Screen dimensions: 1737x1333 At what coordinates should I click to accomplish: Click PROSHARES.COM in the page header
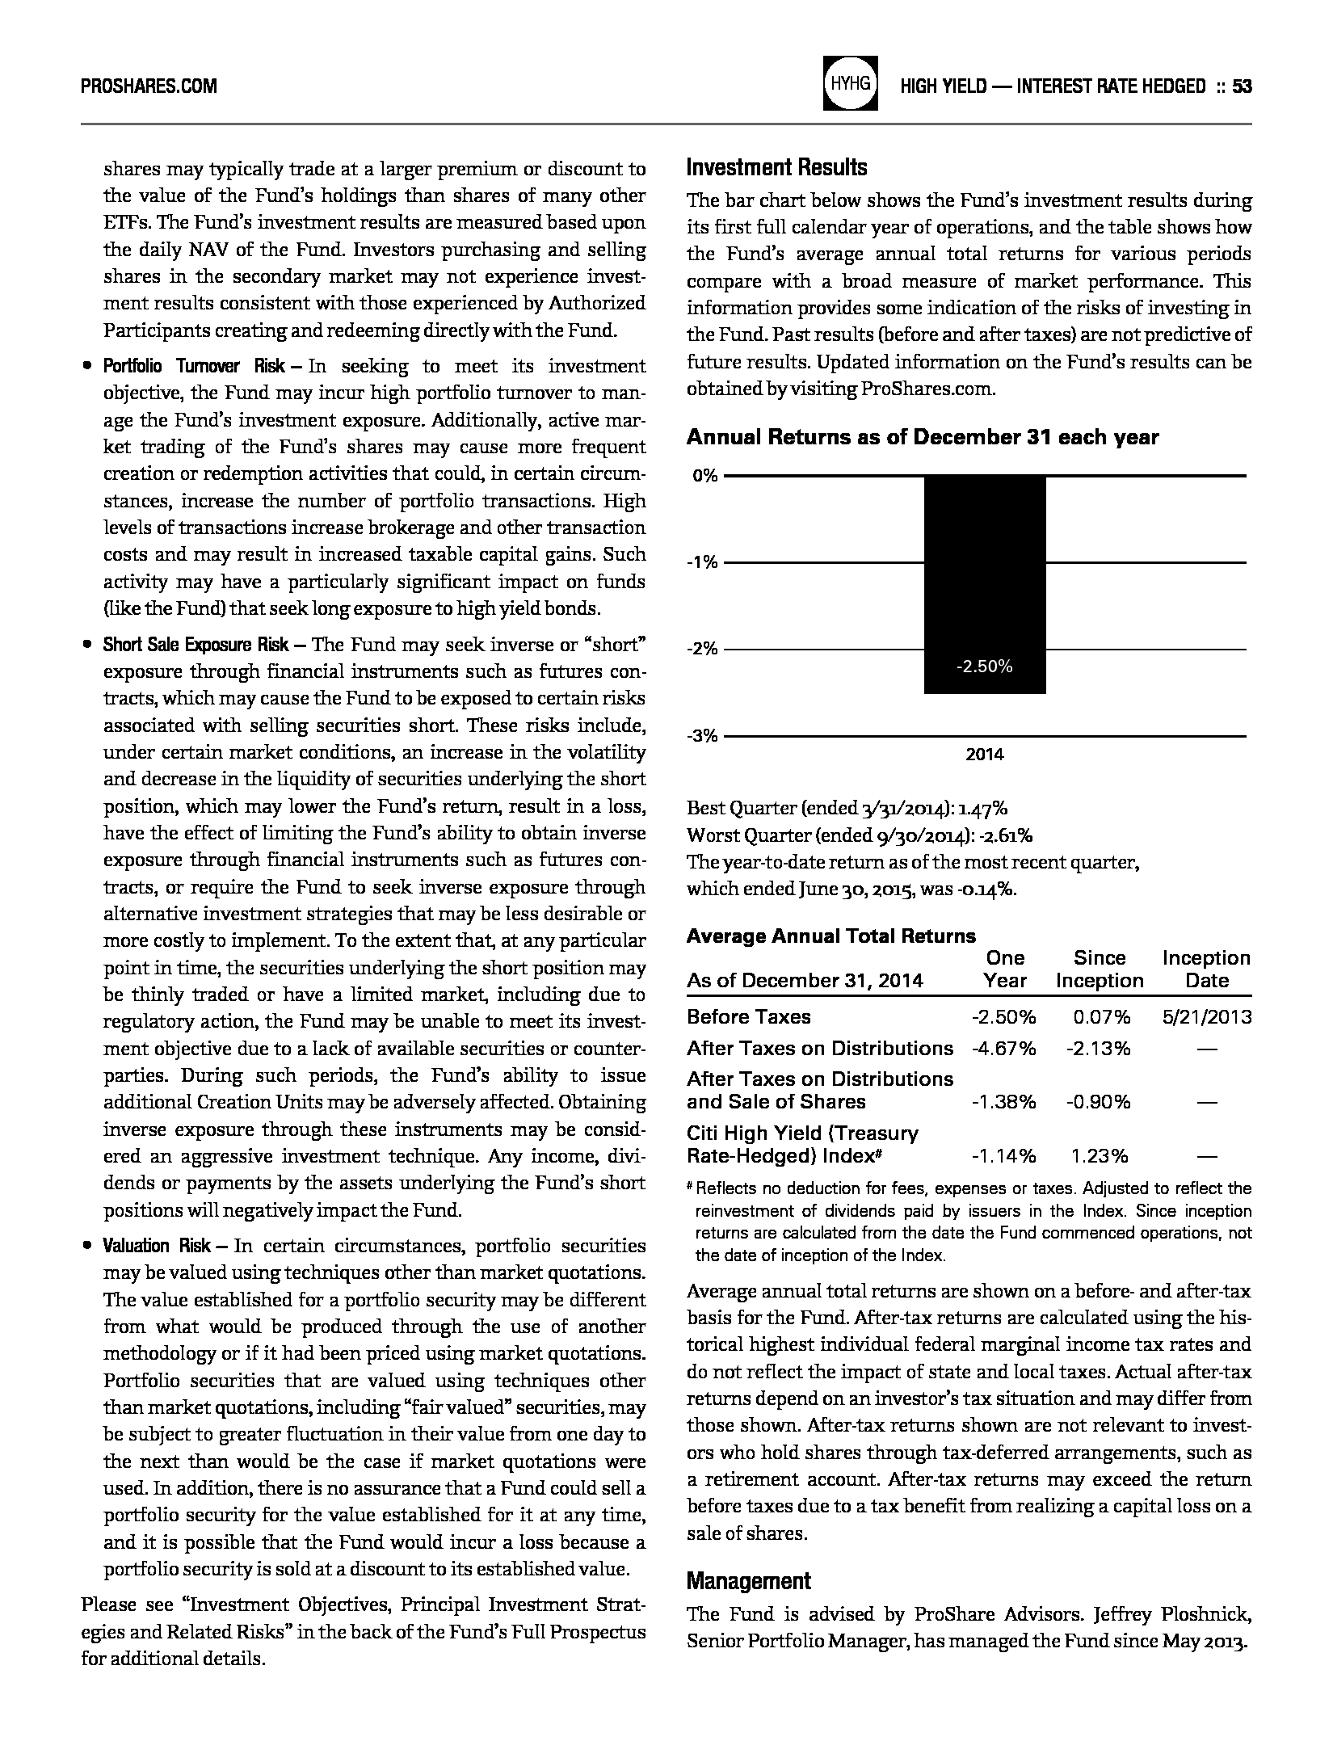pos(149,86)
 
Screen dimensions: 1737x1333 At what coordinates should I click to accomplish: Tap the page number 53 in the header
pos(1242,86)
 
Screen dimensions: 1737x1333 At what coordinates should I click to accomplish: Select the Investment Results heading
pos(776,167)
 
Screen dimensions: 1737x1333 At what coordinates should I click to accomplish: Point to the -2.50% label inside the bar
pos(984,667)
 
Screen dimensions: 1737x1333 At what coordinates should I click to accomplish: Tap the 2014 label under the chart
pos(984,755)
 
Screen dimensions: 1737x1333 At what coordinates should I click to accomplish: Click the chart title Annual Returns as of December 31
pos(922,437)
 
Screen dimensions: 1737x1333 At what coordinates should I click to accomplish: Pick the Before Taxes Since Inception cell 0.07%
pos(1101,1017)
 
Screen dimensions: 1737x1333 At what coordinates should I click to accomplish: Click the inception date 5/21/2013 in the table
pos(1207,1017)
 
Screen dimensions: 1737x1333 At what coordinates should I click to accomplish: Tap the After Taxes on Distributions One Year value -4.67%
pos(1003,1049)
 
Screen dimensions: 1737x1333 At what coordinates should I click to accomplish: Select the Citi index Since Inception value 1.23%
pos(1100,1156)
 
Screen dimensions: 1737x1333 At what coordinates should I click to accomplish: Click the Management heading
pos(748,1580)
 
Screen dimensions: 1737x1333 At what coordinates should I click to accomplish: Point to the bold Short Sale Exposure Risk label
pos(196,645)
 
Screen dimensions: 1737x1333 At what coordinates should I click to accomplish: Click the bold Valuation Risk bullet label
pos(158,1246)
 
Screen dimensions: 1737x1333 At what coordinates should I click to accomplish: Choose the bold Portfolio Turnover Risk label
pos(193,367)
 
